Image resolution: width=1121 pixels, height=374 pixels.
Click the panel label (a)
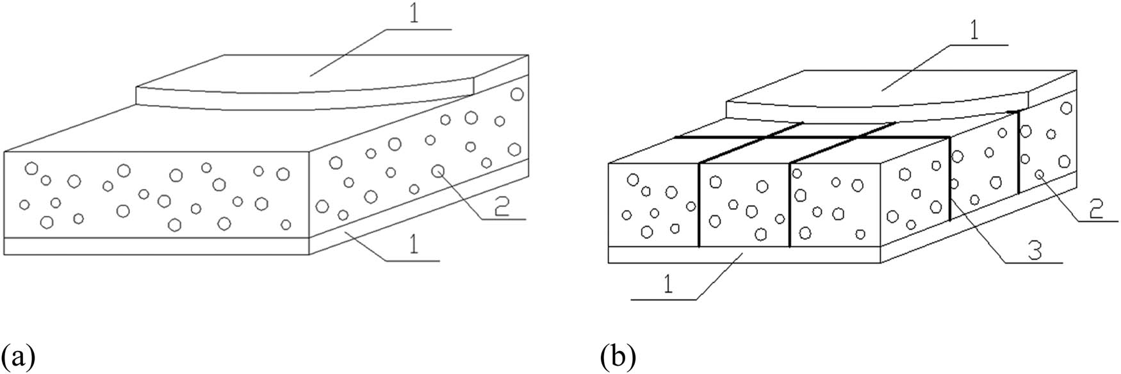click(x=17, y=355)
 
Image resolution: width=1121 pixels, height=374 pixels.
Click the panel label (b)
click(x=618, y=355)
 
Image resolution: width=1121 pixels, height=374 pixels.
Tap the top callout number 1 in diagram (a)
click(x=415, y=17)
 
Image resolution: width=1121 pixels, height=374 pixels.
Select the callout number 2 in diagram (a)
click(x=502, y=206)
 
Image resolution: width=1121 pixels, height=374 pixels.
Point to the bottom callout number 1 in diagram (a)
click(x=414, y=245)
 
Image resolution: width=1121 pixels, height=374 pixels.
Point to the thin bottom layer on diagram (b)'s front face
click(x=743, y=255)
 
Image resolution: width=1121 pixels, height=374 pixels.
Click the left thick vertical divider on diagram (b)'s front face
click(x=698, y=205)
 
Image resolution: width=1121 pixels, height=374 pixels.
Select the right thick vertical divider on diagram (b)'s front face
click(x=790, y=205)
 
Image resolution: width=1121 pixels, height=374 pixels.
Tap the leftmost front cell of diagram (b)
click(x=652, y=205)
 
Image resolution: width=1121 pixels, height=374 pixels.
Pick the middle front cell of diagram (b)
click(x=744, y=205)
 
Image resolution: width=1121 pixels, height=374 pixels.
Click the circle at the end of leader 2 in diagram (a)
click(x=438, y=171)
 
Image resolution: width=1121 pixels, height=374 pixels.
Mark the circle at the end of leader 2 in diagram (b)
click(x=1040, y=174)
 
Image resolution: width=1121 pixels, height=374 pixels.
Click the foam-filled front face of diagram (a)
click(x=157, y=195)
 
